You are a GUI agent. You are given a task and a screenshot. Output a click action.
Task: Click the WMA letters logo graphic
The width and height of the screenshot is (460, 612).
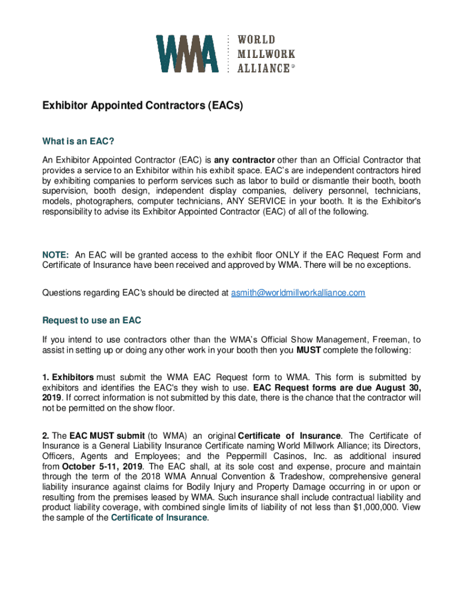click(187, 54)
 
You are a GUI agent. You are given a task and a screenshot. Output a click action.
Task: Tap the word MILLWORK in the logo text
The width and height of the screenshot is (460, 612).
click(266, 54)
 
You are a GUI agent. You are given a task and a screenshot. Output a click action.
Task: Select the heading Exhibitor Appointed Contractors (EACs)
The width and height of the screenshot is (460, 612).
click(142, 106)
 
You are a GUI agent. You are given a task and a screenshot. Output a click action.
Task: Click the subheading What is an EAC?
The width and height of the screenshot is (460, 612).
click(78, 142)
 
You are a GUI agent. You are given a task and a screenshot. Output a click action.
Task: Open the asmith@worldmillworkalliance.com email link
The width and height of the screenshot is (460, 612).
click(298, 293)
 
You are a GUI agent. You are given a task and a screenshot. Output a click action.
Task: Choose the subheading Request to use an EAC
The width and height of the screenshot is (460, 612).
click(91, 321)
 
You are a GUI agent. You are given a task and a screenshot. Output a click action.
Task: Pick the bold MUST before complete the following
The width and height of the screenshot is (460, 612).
click(309, 350)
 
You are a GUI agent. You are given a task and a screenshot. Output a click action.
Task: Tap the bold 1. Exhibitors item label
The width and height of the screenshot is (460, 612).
click(68, 377)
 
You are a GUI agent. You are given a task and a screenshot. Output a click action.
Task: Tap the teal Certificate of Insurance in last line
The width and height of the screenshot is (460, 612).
click(159, 518)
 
